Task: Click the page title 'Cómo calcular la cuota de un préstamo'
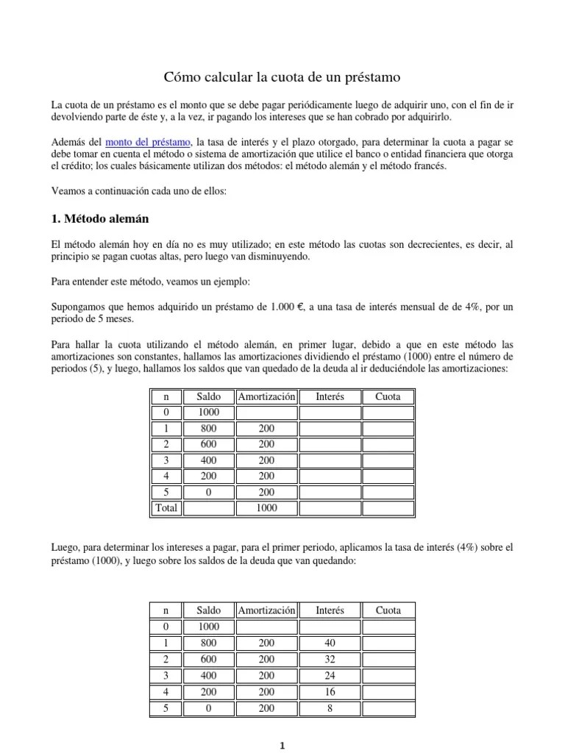coord(282,76)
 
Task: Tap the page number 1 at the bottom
coord(282,745)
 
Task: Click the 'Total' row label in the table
coord(166,507)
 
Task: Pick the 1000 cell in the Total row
coord(266,507)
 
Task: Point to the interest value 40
coord(330,643)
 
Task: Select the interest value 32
coord(330,659)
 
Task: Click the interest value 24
coord(330,675)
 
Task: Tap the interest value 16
coord(330,691)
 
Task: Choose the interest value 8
coord(330,707)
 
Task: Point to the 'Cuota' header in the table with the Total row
coord(388,396)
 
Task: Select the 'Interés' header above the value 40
coord(330,610)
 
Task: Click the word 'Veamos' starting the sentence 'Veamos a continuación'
coord(68,190)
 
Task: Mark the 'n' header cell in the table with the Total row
coord(166,396)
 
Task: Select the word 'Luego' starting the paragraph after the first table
coord(65,548)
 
